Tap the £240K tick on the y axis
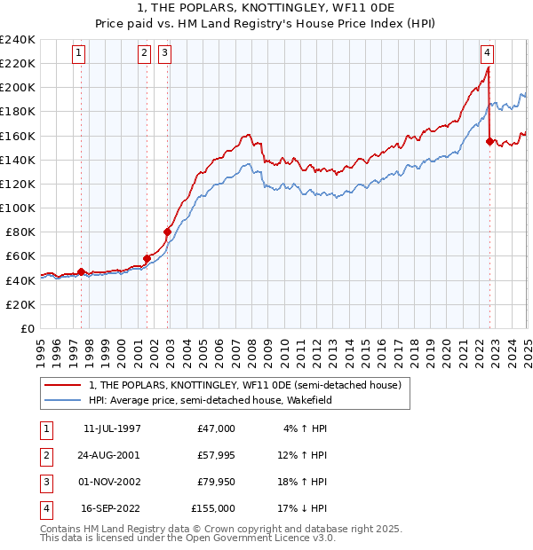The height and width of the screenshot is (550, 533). pyautogui.click(x=18, y=40)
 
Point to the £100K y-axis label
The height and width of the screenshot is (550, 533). pyautogui.click(x=18, y=208)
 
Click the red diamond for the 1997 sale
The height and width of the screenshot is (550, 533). pyautogui.click(x=81, y=271)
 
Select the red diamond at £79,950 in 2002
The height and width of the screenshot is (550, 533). pyautogui.click(x=167, y=232)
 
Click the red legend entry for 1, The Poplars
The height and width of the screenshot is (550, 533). pyautogui.click(x=245, y=385)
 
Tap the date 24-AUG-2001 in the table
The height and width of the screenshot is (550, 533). pyautogui.click(x=112, y=455)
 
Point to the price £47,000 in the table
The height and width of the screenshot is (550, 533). pyautogui.click(x=217, y=428)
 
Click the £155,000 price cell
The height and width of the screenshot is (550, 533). pyautogui.click(x=213, y=508)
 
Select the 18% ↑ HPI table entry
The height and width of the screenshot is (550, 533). pyautogui.click(x=306, y=482)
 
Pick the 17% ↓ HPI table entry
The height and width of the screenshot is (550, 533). pyautogui.click(x=306, y=508)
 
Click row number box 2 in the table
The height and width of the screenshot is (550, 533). pyautogui.click(x=44, y=455)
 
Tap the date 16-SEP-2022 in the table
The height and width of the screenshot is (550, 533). pyautogui.click(x=112, y=508)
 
